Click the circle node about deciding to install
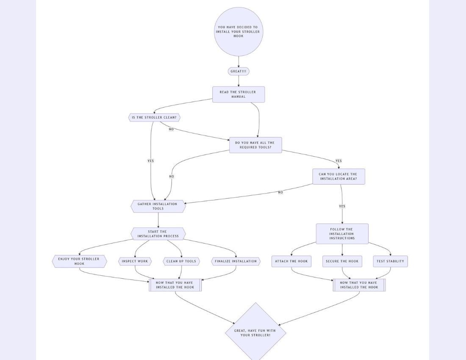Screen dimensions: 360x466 click(x=239, y=32)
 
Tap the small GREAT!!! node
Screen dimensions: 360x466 click(x=239, y=72)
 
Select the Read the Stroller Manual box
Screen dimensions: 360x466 click(x=239, y=94)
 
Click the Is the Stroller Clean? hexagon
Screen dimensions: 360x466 click(x=154, y=117)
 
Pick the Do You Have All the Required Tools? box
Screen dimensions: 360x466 click(x=255, y=145)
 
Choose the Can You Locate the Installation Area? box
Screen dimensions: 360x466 click(x=338, y=177)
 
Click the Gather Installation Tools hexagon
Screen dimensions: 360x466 click(x=158, y=206)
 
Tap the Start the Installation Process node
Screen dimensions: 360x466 click(x=158, y=234)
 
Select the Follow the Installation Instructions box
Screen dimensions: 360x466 click(x=342, y=234)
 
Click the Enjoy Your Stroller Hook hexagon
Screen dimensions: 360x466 click(x=79, y=261)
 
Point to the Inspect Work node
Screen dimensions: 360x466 click(x=135, y=261)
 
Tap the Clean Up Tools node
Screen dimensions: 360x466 click(x=181, y=261)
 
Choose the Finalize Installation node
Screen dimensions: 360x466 click(x=236, y=261)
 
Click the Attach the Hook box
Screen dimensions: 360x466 click(x=291, y=261)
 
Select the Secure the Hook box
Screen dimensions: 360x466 click(x=342, y=261)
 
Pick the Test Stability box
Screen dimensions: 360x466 click(x=390, y=261)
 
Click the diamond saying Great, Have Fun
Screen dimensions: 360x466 click(x=255, y=332)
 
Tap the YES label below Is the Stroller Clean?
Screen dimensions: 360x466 click(x=150, y=161)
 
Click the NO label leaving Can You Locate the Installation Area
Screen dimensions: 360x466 click(x=280, y=192)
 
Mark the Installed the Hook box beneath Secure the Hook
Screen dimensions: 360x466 click(x=359, y=285)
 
